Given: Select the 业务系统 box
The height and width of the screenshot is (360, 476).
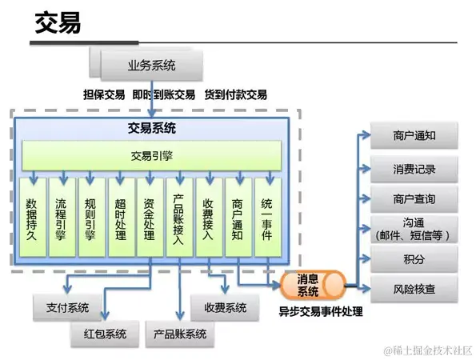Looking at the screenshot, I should coord(152,64).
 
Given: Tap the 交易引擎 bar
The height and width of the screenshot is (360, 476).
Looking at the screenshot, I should coord(151,155).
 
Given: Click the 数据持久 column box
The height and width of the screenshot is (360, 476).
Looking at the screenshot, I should coord(32,218).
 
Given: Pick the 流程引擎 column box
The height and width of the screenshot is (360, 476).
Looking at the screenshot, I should coord(62,218).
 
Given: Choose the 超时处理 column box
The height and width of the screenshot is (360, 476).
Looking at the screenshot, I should coord(120,218).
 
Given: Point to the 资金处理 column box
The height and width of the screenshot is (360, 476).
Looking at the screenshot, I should coord(150,218).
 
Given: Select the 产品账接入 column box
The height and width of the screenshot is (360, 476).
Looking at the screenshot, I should coord(178,218).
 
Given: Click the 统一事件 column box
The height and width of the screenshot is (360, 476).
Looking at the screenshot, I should coord(267,218).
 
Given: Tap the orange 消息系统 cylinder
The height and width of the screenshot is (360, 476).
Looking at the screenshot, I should coord(311,285).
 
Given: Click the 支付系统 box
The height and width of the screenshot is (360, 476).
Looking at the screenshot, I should coord(67,307).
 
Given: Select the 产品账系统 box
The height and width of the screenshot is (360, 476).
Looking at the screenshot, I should coord(180,334).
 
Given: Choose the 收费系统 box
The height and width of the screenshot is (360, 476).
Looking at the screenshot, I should coord(225,307).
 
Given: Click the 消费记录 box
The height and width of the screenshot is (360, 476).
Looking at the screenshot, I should coord(414,169).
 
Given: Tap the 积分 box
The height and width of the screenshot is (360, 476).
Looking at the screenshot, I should coord(414,260).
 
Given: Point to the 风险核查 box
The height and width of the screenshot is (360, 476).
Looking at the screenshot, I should coord(414,289).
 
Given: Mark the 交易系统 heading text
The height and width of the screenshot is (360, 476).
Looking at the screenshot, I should coord(152,128).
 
